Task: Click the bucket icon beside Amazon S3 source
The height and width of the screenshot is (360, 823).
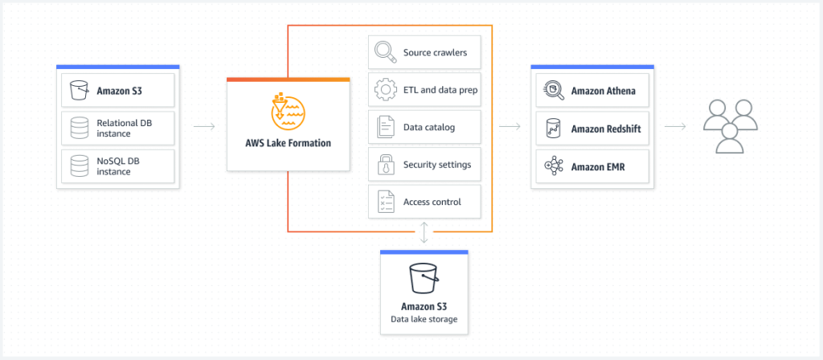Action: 80,90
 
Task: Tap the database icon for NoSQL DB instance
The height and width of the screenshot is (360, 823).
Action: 80,166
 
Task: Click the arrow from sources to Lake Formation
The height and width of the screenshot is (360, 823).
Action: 204,126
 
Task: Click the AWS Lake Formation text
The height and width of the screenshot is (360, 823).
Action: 289,143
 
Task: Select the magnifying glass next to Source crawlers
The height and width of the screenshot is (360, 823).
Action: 386,52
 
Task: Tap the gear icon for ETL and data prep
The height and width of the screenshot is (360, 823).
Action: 386,89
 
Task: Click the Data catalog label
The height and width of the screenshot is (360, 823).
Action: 429,127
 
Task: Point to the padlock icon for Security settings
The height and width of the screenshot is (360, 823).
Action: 386,164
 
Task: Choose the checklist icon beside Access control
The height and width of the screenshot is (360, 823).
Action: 386,202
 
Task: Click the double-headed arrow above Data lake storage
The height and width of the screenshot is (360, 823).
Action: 424,232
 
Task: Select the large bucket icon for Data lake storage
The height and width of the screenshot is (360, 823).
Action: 424,278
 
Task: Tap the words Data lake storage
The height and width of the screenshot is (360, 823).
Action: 424,318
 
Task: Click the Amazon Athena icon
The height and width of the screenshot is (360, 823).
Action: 555,90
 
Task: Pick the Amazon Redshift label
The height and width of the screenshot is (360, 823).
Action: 606,129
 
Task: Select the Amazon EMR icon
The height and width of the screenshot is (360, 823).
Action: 555,166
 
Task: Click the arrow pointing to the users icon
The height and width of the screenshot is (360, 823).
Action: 675,126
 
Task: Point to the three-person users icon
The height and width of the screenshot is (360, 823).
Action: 730,126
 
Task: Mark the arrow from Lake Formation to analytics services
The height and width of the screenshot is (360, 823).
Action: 510,126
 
